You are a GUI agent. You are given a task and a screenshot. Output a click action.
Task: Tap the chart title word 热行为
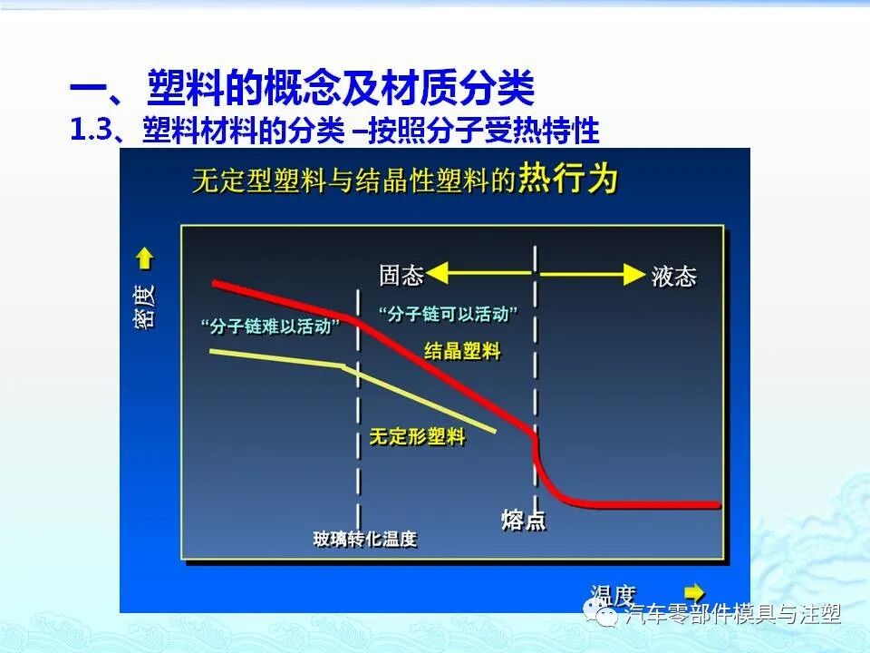click(x=568, y=180)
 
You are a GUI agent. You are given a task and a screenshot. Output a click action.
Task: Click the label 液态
click(x=673, y=276)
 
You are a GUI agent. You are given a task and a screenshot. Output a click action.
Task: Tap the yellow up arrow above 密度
click(x=144, y=259)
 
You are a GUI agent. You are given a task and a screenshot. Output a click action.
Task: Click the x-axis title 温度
click(x=613, y=595)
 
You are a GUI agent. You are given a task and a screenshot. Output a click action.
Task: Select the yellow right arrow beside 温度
click(x=694, y=591)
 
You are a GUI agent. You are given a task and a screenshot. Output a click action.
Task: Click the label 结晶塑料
click(x=462, y=351)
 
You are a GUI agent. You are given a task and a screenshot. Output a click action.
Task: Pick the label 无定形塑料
click(x=417, y=437)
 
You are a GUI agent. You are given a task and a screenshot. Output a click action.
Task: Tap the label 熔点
click(x=523, y=521)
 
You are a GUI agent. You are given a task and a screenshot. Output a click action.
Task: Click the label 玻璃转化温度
click(x=365, y=540)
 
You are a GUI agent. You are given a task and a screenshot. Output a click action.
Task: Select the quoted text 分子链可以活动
click(x=449, y=314)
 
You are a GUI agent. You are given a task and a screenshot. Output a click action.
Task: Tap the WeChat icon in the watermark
click(x=606, y=615)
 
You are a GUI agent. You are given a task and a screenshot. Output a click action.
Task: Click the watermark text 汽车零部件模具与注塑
click(x=733, y=615)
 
